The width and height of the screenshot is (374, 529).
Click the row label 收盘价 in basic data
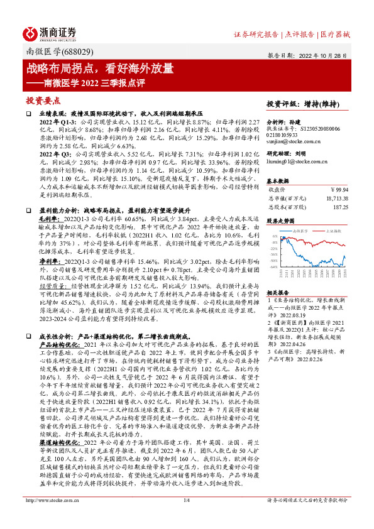coord(277,188)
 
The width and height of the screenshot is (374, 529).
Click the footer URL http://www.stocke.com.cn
coord(51,518)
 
